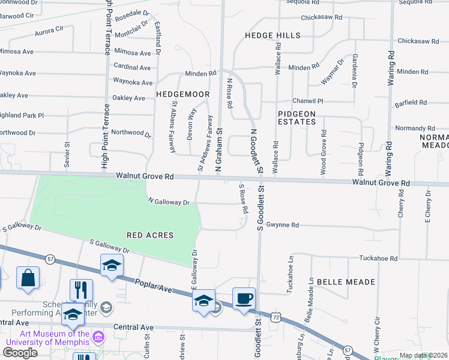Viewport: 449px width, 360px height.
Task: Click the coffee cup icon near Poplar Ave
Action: pyautogui.click(x=244, y=299)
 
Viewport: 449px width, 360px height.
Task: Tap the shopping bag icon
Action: pyautogui.click(x=28, y=278)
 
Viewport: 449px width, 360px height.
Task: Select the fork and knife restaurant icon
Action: pyautogui.click(x=81, y=290)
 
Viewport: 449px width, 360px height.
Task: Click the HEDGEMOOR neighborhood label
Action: pyautogui.click(x=183, y=94)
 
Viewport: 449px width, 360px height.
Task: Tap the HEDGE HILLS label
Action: pyautogui.click(x=273, y=36)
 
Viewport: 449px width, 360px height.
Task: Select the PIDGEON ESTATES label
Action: pyautogui.click(x=297, y=117)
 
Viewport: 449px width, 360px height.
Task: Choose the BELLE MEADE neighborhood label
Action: pyautogui.click(x=346, y=281)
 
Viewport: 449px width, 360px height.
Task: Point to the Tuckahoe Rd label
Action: pyautogui.click(x=378, y=259)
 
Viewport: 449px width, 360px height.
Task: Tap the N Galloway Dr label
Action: pyautogui.click(x=169, y=202)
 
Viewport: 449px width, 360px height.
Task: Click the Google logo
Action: pyautogui.click(x=20, y=352)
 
